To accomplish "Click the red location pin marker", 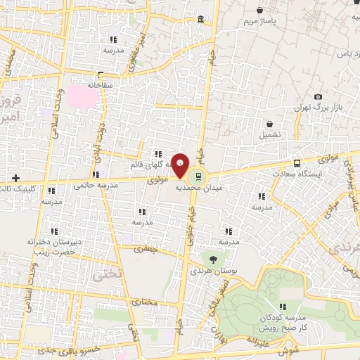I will [x=181, y=165].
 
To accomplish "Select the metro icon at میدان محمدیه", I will [x=198, y=176].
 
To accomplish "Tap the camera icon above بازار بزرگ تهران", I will [x=318, y=96].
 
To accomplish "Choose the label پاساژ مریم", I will [x=262, y=22].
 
